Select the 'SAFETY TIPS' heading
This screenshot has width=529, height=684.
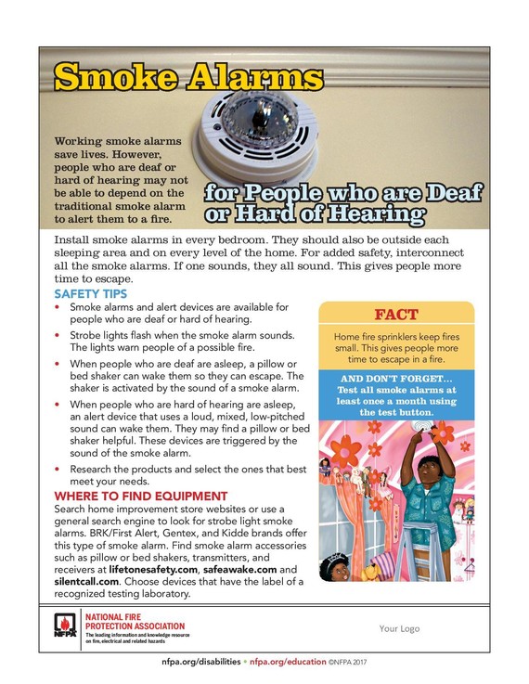[90, 294]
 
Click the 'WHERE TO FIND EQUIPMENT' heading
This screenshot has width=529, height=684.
[140, 497]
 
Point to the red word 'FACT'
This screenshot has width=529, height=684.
[395, 315]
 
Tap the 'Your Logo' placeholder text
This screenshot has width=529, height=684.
[399, 628]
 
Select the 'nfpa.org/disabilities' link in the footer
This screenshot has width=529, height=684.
[201, 664]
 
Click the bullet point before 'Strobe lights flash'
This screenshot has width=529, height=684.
[59, 334]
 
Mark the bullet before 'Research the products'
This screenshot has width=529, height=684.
[59, 470]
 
